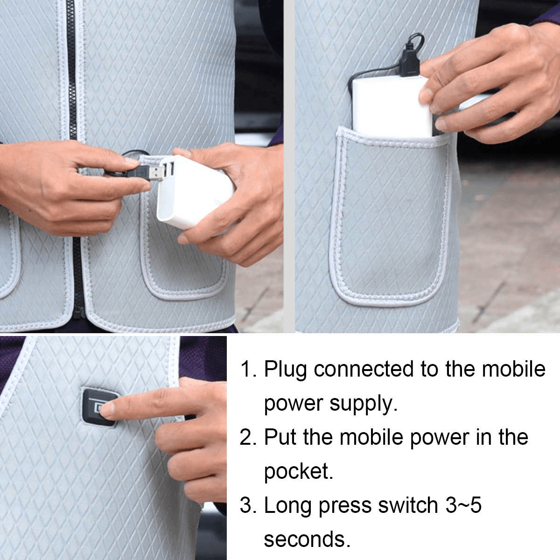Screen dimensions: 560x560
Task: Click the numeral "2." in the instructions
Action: [x=248, y=438]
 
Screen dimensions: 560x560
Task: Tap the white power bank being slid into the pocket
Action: [x=392, y=106]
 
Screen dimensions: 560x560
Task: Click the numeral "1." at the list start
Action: [x=248, y=370]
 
